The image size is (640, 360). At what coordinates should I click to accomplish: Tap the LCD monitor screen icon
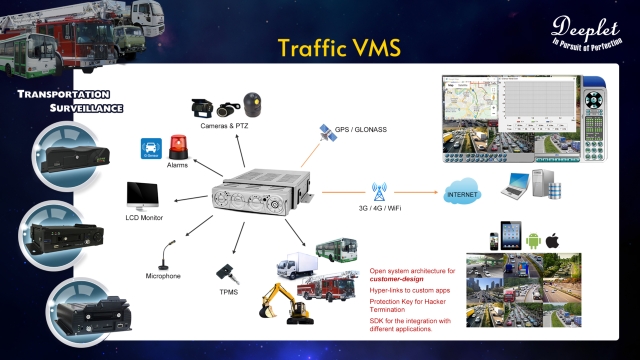point(142,193)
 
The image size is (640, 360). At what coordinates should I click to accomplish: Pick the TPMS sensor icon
point(225,273)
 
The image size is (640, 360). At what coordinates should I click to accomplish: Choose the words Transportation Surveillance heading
point(62,100)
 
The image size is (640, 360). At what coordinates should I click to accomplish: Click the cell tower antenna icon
point(380,191)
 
